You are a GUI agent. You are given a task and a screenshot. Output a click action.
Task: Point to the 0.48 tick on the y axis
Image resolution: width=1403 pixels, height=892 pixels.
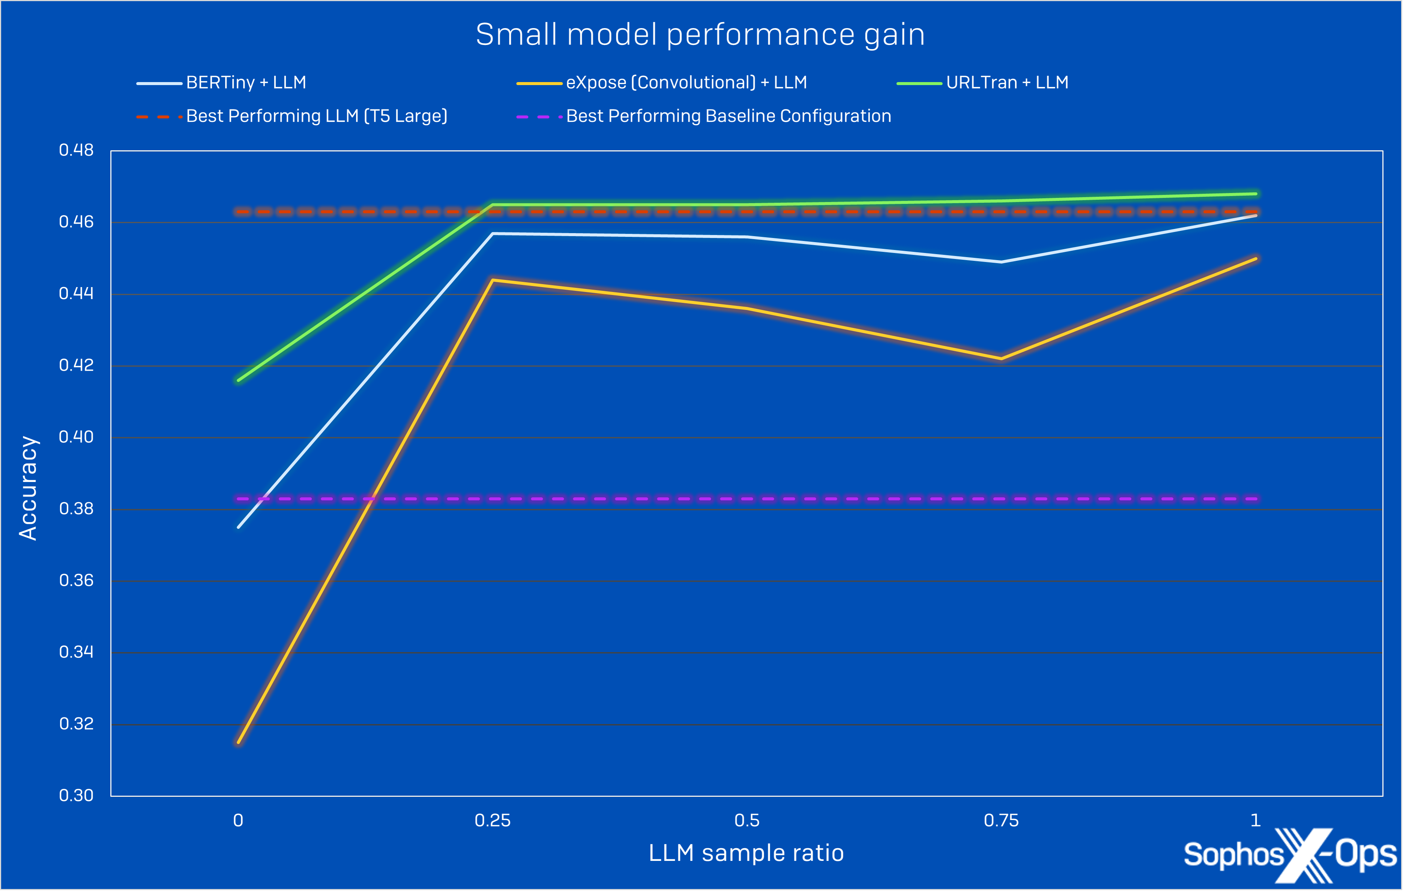click(76, 150)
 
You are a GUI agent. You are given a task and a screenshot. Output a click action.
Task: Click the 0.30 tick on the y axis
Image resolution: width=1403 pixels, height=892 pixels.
click(76, 795)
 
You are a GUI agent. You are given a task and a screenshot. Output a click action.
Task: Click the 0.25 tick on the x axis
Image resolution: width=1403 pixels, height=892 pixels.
click(492, 821)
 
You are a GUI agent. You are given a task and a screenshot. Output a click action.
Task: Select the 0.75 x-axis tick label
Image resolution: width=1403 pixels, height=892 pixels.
click(1001, 821)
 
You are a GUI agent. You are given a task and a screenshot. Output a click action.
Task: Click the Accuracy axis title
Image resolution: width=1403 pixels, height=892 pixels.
click(28, 488)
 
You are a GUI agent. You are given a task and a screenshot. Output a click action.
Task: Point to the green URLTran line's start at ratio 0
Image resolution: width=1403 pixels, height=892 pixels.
click(239, 380)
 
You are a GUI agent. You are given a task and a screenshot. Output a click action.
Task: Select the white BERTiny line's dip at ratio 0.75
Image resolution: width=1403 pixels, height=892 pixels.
click(1001, 262)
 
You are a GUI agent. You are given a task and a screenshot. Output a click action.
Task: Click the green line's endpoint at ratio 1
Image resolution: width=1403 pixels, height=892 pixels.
click(1256, 194)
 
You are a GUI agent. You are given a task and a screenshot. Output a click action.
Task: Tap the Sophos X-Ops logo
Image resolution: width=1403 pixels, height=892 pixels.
click(1290, 855)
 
